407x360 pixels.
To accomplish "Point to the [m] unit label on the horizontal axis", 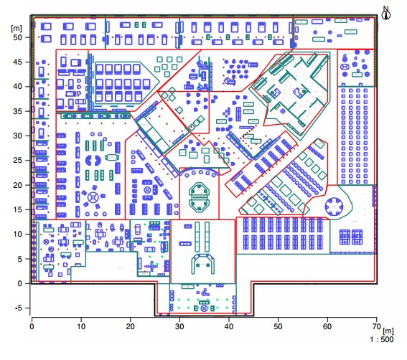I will [387, 329].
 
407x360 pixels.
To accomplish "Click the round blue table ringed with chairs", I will [334, 208].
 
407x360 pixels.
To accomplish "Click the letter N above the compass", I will [385, 7].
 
